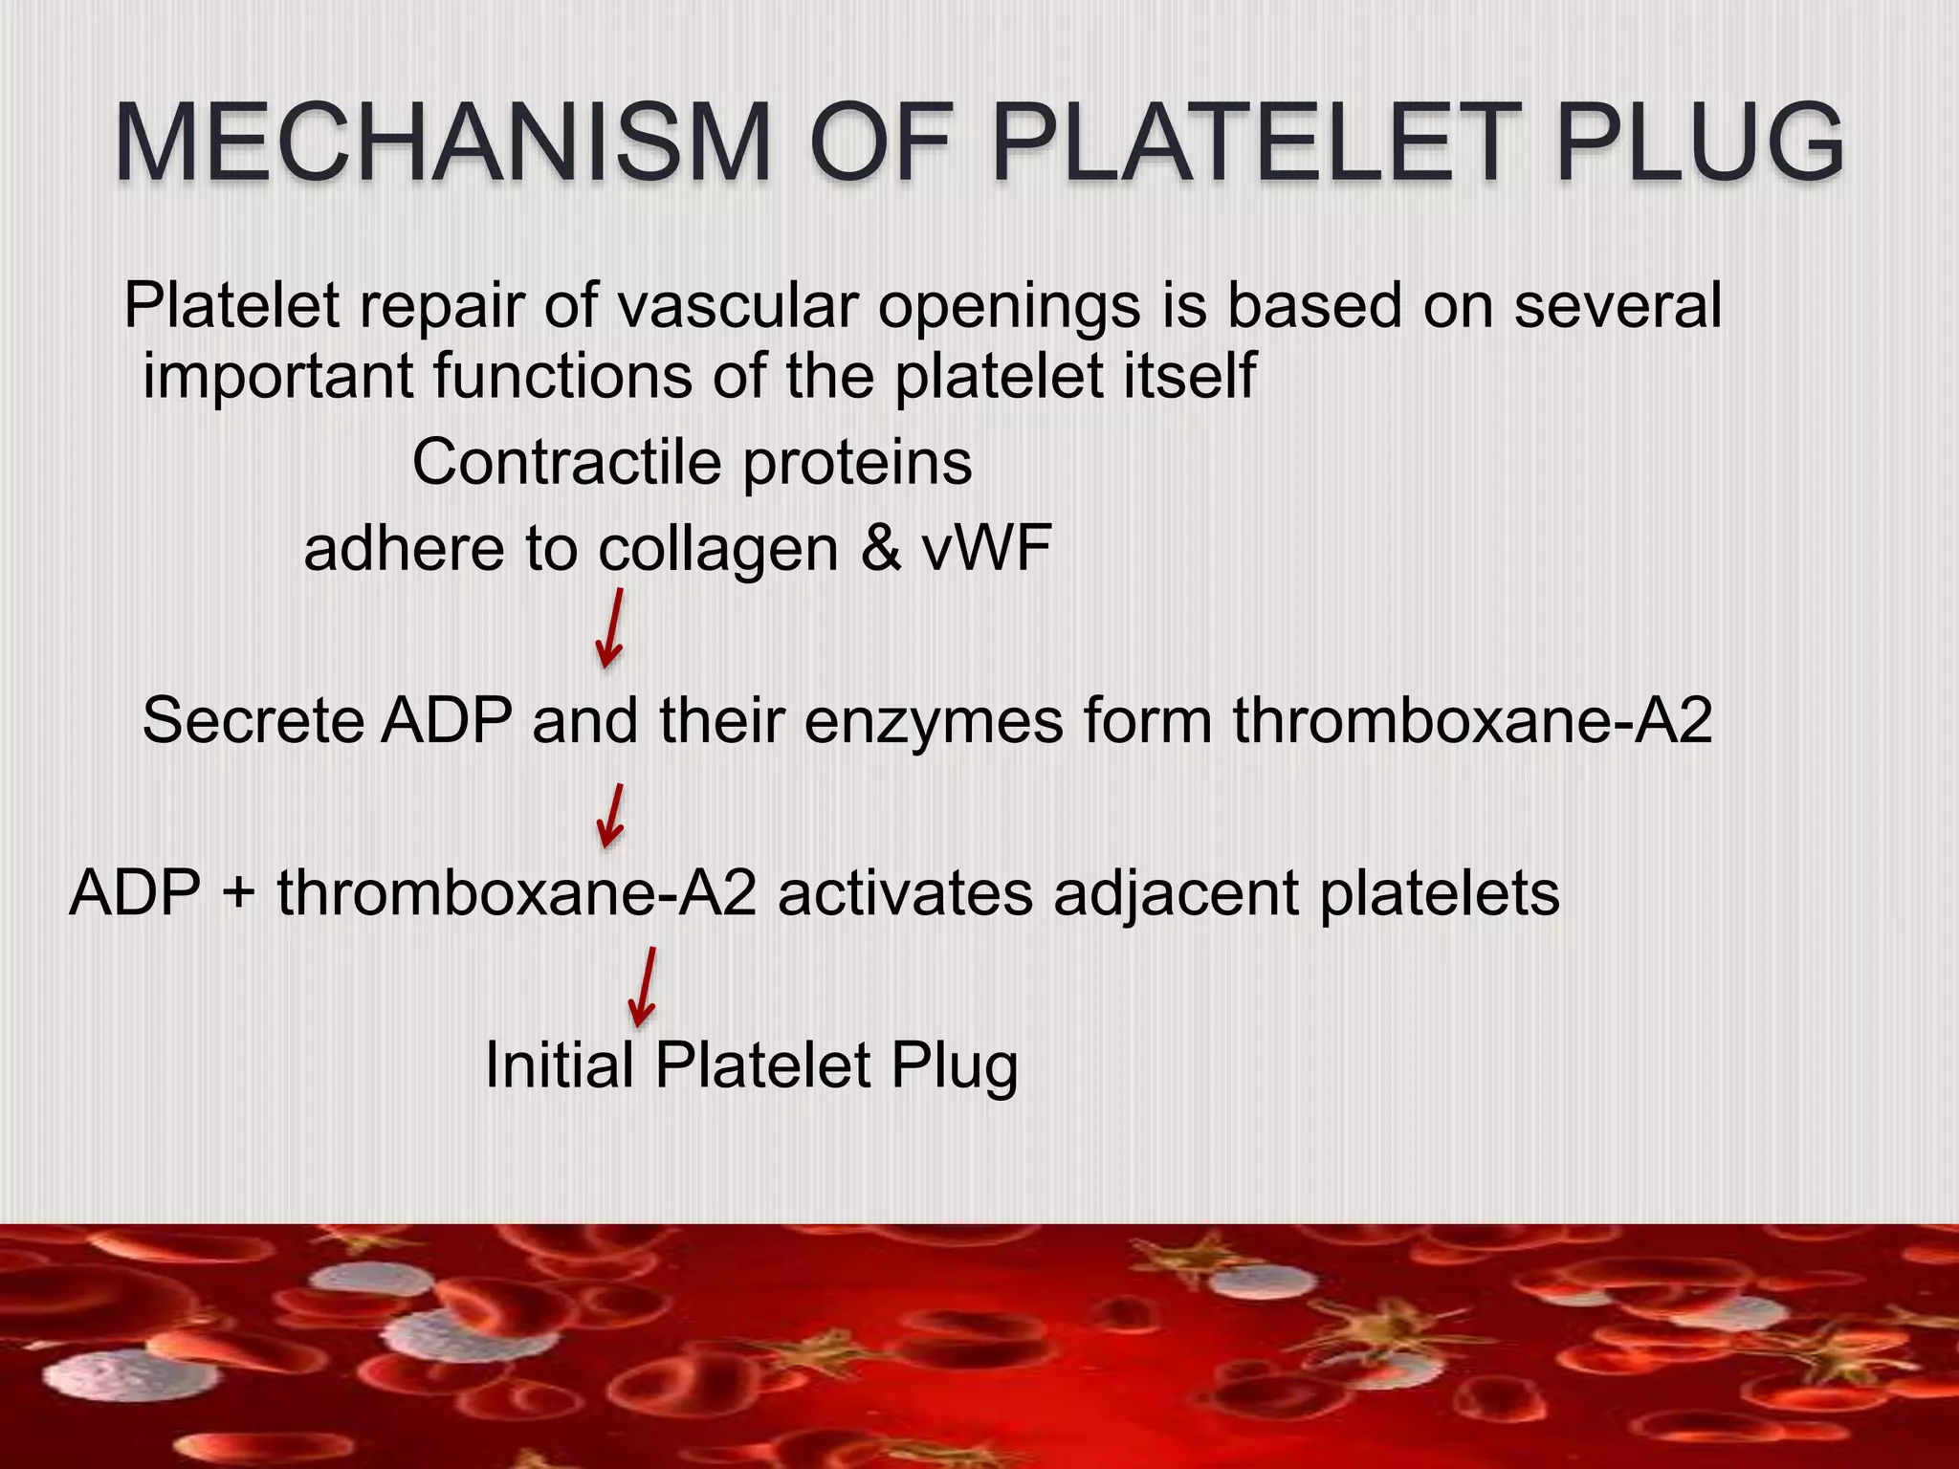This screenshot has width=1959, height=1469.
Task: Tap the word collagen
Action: [718, 550]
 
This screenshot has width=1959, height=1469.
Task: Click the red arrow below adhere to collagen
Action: [610, 628]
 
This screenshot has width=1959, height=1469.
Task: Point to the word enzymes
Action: [934, 722]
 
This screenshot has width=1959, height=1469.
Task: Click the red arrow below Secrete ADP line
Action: [610, 816]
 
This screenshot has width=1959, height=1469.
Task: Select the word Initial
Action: [559, 1065]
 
